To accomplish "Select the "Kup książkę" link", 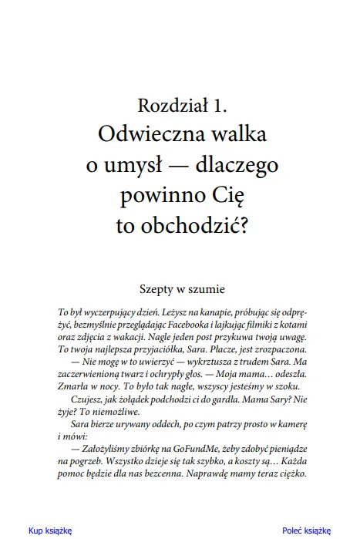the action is coord(49,530).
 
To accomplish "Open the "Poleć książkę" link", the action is coord(306,530).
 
